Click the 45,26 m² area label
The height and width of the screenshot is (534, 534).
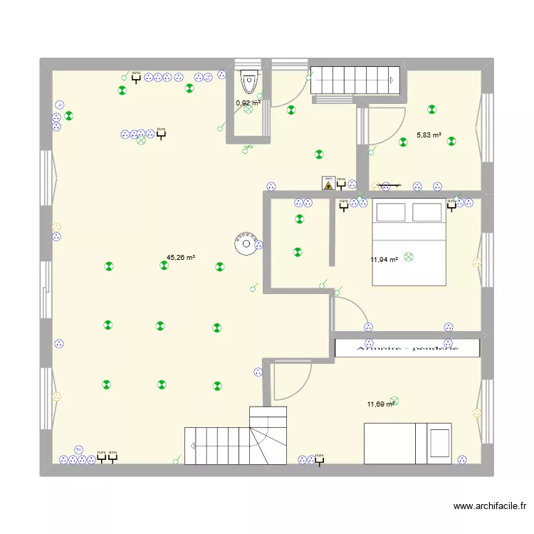click(181, 258)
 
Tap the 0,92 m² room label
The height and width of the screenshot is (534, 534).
click(248, 103)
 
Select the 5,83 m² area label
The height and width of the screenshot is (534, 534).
click(429, 135)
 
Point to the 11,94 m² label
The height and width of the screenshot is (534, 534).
click(383, 260)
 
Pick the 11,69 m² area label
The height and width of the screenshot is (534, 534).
click(380, 404)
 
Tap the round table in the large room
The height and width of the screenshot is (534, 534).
click(246, 244)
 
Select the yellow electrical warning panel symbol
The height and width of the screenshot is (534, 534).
click(328, 183)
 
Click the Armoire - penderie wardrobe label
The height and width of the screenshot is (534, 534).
click(407, 348)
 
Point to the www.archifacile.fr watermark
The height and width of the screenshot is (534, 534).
click(489, 507)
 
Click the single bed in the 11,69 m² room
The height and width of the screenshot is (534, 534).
click(407, 443)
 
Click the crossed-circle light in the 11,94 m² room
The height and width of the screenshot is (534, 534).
click(408, 256)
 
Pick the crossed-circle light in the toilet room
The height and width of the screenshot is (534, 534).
click(248, 110)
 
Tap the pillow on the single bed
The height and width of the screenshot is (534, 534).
click(439, 442)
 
